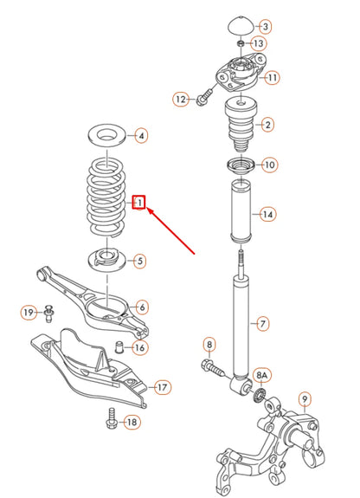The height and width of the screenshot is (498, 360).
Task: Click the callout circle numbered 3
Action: click(x=266, y=27)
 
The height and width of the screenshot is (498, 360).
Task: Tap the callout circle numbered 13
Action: click(x=258, y=43)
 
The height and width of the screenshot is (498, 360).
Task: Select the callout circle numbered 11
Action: click(x=273, y=78)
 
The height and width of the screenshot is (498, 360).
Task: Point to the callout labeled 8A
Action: click(x=262, y=374)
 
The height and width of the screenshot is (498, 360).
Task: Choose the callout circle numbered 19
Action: click(x=27, y=312)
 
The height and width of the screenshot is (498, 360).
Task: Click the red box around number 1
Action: click(x=138, y=204)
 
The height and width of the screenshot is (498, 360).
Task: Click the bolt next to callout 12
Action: click(x=206, y=98)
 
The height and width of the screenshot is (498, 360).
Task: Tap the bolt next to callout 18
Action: click(x=109, y=419)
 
